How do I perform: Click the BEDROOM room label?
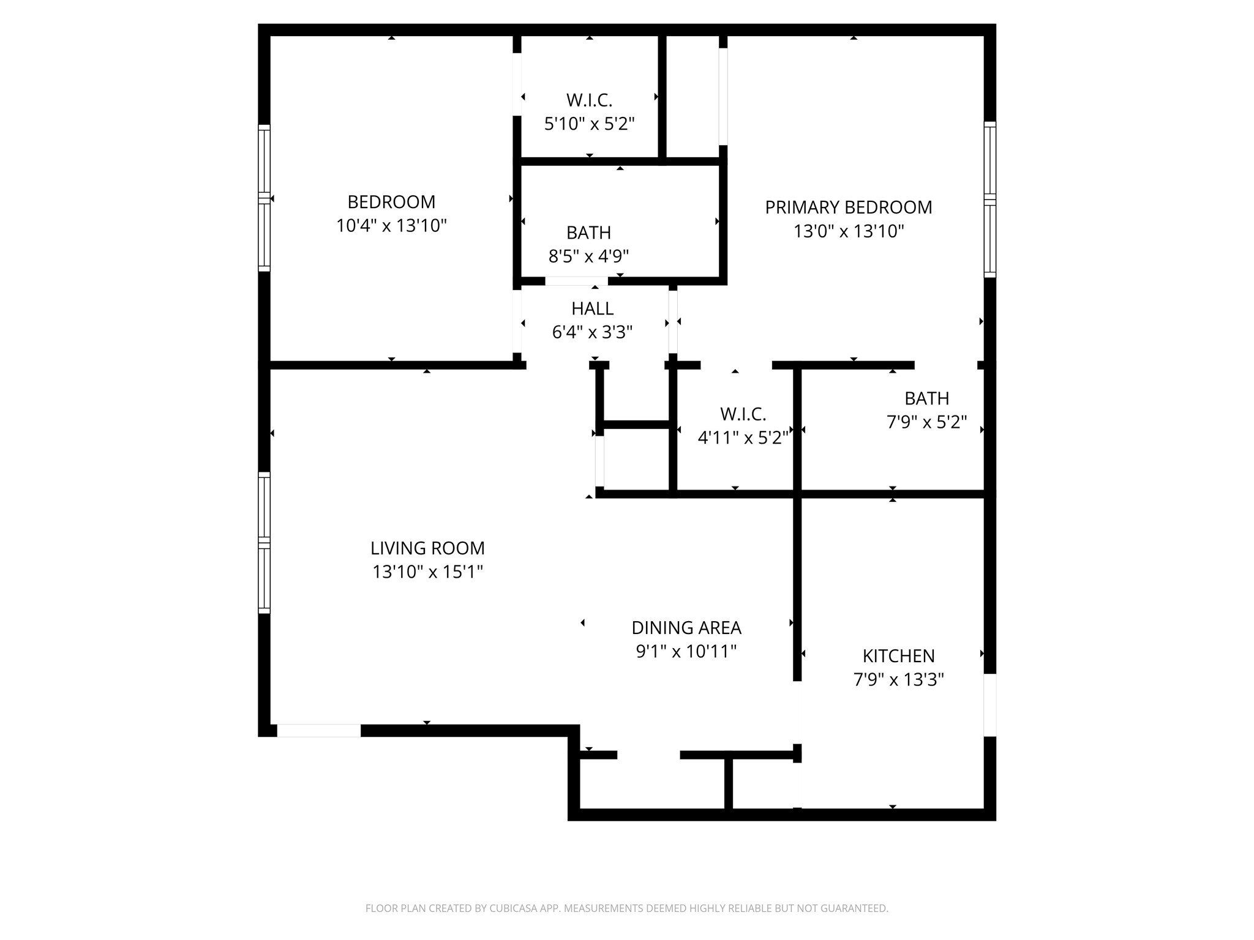[391, 202]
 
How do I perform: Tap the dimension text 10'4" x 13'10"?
[391, 226]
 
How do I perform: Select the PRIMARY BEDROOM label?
[848, 207]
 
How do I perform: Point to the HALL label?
[592, 308]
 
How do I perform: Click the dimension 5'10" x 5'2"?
[589, 124]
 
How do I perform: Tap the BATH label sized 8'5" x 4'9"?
[588, 233]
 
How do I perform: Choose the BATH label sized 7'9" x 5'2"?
[926, 398]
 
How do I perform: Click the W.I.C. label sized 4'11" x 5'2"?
[743, 414]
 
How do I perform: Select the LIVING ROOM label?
[427, 548]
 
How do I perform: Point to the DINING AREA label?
[686, 628]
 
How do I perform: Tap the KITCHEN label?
[898, 656]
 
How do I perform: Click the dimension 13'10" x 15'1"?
[427, 572]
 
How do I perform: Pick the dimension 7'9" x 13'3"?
[898, 680]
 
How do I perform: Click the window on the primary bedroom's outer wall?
[989, 200]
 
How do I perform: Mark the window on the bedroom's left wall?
[264, 198]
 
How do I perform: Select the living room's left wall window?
[264, 542]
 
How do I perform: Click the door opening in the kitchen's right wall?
[989, 705]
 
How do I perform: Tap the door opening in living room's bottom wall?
[318, 731]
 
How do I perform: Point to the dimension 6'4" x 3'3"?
[592, 332]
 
